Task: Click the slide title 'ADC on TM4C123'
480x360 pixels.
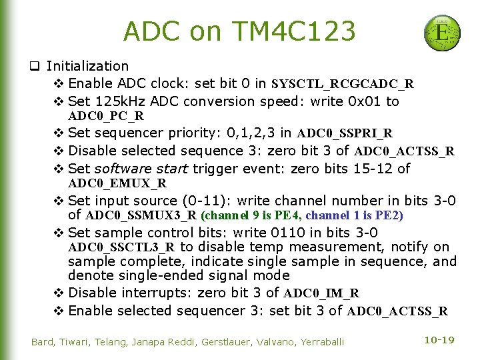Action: (x=239, y=31)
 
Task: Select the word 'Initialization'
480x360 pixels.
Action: (x=87, y=66)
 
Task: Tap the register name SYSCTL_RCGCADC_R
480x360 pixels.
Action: (x=343, y=84)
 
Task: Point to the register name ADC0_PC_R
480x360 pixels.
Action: (x=106, y=116)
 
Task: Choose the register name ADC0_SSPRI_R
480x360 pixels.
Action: (x=345, y=133)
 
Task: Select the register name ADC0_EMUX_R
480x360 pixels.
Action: (x=117, y=183)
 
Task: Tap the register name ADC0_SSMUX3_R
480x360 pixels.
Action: (x=141, y=215)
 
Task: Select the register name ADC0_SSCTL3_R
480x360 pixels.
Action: (x=121, y=247)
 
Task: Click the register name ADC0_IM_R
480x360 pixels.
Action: (x=321, y=293)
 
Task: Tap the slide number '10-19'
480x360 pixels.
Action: (x=439, y=340)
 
